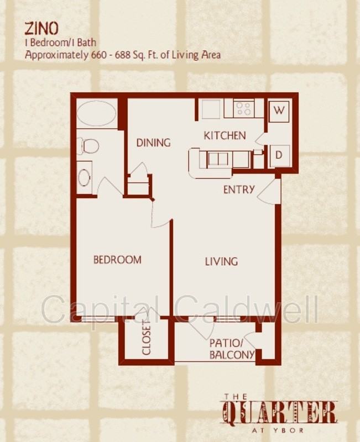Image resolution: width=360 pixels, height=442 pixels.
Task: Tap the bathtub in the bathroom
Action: (x=96, y=114)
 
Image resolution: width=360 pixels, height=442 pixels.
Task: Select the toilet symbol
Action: (x=88, y=146)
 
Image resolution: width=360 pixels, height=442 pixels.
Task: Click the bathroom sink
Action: (x=85, y=177)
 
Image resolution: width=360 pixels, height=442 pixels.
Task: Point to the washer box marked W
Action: (x=280, y=110)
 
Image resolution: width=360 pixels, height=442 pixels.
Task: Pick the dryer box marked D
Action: (x=279, y=155)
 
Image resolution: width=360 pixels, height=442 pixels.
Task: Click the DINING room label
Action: (x=153, y=143)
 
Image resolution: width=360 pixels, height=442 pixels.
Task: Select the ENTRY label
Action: (x=239, y=190)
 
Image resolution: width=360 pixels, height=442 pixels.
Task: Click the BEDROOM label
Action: (x=117, y=259)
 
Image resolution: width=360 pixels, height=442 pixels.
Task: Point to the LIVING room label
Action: (x=221, y=261)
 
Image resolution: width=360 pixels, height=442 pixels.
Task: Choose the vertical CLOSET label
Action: (x=147, y=338)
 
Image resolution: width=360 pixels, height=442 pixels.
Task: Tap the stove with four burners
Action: (x=243, y=108)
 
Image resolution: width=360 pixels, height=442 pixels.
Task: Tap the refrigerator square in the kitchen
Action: (x=211, y=109)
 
